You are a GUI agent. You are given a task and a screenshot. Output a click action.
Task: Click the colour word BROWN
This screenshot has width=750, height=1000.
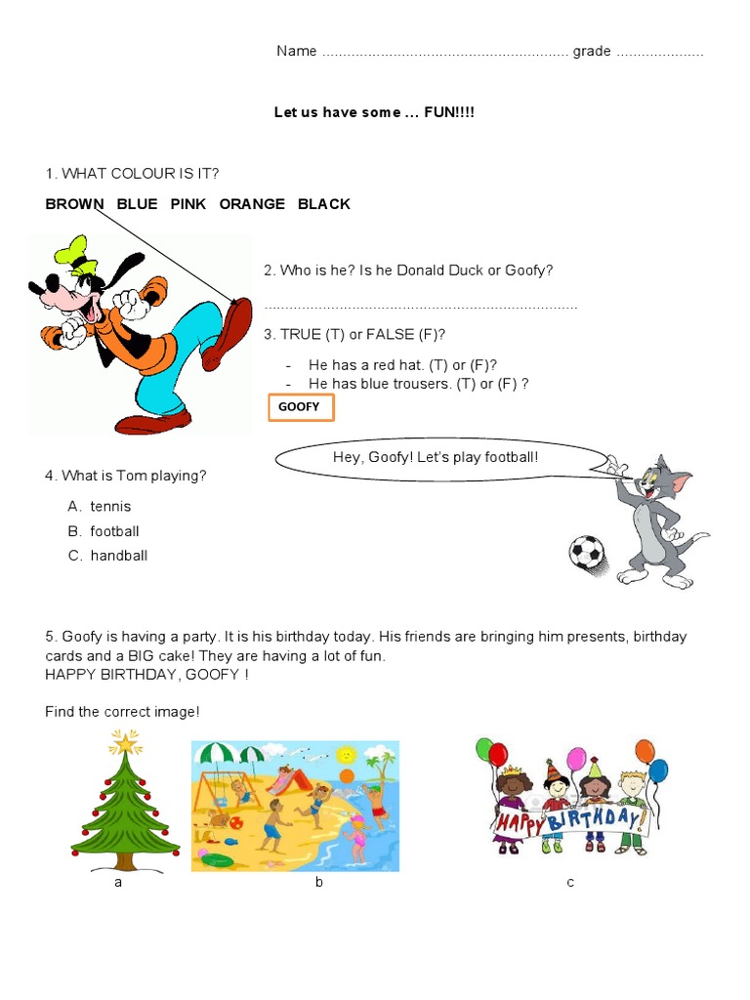pyautogui.click(x=74, y=204)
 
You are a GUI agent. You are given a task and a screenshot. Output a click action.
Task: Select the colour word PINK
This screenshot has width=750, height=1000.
pyautogui.click(x=187, y=204)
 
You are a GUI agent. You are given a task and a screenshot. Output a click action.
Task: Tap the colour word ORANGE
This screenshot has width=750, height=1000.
pyautogui.click(x=252, y=204)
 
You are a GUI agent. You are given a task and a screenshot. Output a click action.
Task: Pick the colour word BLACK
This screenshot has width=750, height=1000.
pyautogui.click(x=323, y=204)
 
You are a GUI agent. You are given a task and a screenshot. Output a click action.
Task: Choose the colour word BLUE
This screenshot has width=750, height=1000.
pyautogui.click(x=137, y=204)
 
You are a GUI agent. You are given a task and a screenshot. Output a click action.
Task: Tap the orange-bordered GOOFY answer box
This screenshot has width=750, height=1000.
pyautogui.click(x=301, y=407)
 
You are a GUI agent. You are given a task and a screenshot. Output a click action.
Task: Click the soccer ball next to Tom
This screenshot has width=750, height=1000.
pyautogui.click(x=587, y=553)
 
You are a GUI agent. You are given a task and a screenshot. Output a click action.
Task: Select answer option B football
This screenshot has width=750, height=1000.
pyautogui.click(x=114, y=531)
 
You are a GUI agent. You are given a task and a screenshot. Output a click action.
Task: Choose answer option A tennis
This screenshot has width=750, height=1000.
pyautogui.click(x=110, y=507)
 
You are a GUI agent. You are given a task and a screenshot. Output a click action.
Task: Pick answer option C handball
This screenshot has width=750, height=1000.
pyautogui.click(x=118, y=556)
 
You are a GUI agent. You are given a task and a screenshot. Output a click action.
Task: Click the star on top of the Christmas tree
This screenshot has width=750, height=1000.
pyautogui.click(x=124, y=744)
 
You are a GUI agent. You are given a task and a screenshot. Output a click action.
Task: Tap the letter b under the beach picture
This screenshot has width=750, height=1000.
pyautogui.click(x=318, y=883)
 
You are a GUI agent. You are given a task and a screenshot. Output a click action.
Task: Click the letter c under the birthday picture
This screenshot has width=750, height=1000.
pyautogui.click(x=570, y=883)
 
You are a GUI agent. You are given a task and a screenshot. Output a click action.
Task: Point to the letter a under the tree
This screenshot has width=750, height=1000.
pyautogui.click(x=118, y=883)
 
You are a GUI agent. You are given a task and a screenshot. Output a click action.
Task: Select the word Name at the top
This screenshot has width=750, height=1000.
pyautogui.click(x=296, y=51)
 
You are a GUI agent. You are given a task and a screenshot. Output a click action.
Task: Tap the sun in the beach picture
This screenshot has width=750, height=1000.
pyautogui.click(x=346, y=755)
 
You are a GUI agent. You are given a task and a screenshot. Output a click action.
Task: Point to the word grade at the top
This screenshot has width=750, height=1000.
pyautogui.click(x=592, y=51)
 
